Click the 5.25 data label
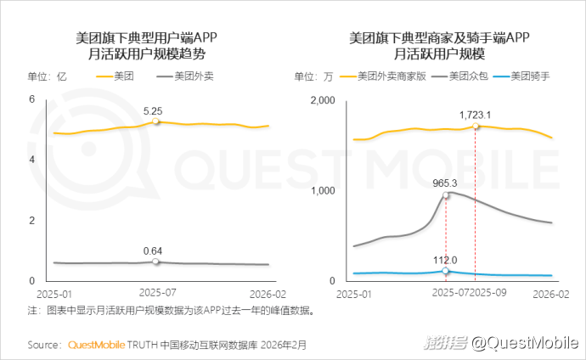[x=153, y=111]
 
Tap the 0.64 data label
[x=153, y=250]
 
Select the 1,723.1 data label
[x=476, y=114]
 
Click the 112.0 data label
[x=445, y=261]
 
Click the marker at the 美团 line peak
[x=155, y=122]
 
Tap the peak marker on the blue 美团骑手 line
[x=445, y=271]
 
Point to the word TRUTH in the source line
[x=141, y=346]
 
